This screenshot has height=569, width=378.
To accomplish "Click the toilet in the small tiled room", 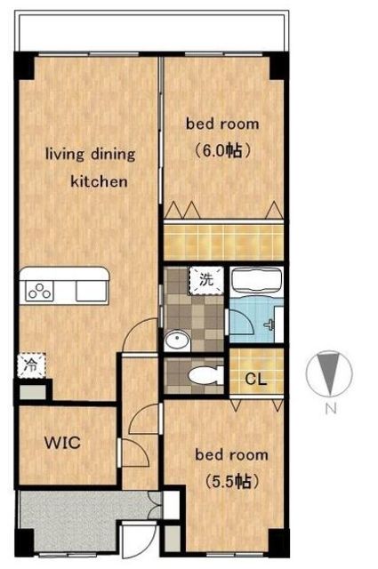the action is pos(205,375).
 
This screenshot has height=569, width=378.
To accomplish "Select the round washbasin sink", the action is pos(177,341).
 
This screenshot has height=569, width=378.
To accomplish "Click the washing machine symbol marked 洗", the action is pos(205,280).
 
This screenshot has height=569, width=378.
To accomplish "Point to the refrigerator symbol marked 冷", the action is pos(32,365).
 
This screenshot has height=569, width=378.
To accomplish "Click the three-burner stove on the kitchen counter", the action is pos(40,292).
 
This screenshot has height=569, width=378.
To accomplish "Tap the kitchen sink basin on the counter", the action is pos(91,291).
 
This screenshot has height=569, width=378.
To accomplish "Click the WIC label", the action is pos(62,443).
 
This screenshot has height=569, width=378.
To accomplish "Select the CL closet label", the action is pos(256,380).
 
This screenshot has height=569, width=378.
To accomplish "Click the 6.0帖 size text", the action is pos(222,150).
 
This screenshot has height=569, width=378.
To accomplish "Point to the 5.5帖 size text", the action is pos(232,482).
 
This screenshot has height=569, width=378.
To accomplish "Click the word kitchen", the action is pos(99,181).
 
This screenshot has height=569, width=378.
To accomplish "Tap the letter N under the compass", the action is pos(330,409).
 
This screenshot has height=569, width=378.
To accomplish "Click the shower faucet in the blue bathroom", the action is pos(270,324).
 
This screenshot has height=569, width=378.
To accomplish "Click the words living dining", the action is pos(91,155).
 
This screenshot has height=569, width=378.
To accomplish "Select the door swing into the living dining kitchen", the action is pos(141,334).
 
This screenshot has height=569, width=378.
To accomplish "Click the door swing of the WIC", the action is pos(135,453).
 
